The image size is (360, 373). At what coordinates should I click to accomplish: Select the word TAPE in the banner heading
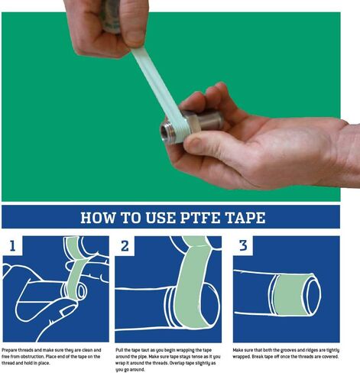click(x=250, y=218)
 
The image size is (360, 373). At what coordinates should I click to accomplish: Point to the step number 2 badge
click(x=125, y=245)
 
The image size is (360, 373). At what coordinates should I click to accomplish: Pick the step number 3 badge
click(x=242, y=245)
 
